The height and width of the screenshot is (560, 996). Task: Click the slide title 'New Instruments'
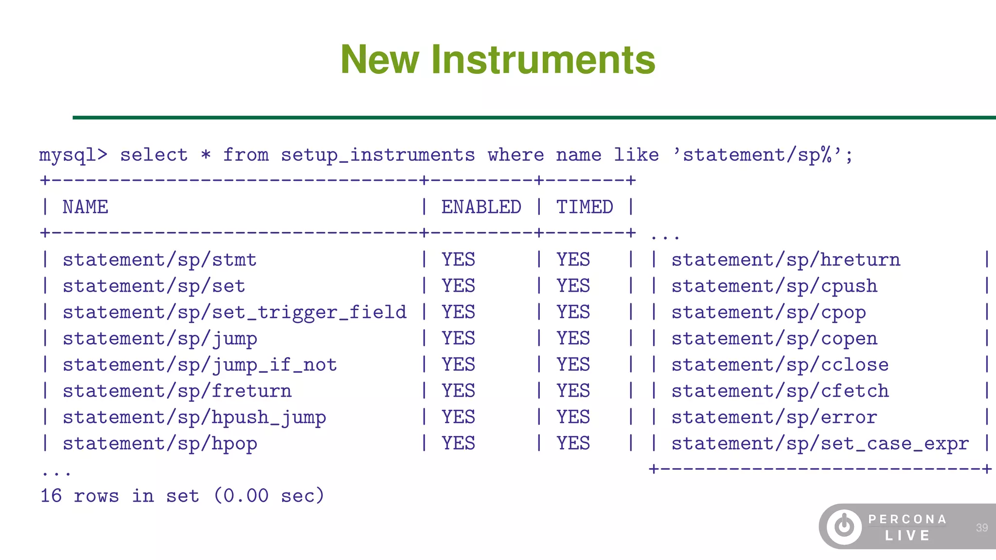click(498, 59)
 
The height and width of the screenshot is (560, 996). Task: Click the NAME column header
click(85, 208)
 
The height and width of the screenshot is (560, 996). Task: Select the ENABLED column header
click(481, 208)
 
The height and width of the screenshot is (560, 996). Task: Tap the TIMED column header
click(584, 208)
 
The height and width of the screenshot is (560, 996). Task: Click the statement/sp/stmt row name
click(160, 260)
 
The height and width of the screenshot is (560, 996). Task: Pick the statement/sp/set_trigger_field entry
click(234, 313)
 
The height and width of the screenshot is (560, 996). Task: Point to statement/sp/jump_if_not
click(199, 365)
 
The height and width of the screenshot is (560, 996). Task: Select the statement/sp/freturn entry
click(177, 391)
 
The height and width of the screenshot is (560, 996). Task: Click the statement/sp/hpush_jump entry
click(194, 418)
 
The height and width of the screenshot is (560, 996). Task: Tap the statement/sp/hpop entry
click(160, 444)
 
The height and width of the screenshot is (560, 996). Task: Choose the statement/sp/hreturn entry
click(785, 260)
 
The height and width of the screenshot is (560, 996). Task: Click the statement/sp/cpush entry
click(774, 286)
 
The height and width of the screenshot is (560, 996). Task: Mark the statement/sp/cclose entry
click(780, 365)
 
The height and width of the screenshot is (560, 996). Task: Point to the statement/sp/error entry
click(774, 418)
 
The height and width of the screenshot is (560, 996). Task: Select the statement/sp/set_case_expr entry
click(820, 444)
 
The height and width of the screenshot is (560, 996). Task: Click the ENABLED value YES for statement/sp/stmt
click(458, 260)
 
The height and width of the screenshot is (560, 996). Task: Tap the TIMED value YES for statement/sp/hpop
click(573, 444)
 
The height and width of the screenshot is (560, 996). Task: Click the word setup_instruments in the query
click(377, 155)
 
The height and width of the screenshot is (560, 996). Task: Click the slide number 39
click(981, 528)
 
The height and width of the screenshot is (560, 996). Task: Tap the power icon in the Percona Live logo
click(844, 526)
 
